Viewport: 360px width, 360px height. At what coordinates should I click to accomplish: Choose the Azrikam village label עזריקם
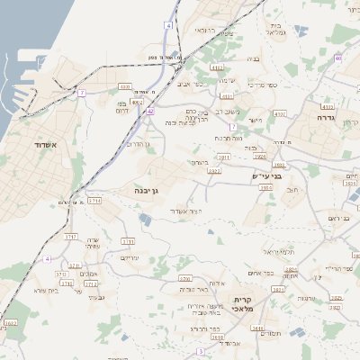coord(129,258)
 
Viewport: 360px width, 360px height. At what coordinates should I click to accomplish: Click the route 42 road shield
coord(150,111)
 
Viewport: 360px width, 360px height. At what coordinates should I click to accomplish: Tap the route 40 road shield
coord(337,58)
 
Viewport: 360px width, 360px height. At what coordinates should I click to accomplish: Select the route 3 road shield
coord(201,350)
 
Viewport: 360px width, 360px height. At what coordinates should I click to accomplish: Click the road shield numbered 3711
coord(95,202)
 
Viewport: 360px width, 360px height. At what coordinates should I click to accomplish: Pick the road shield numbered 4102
coord(216,67)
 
